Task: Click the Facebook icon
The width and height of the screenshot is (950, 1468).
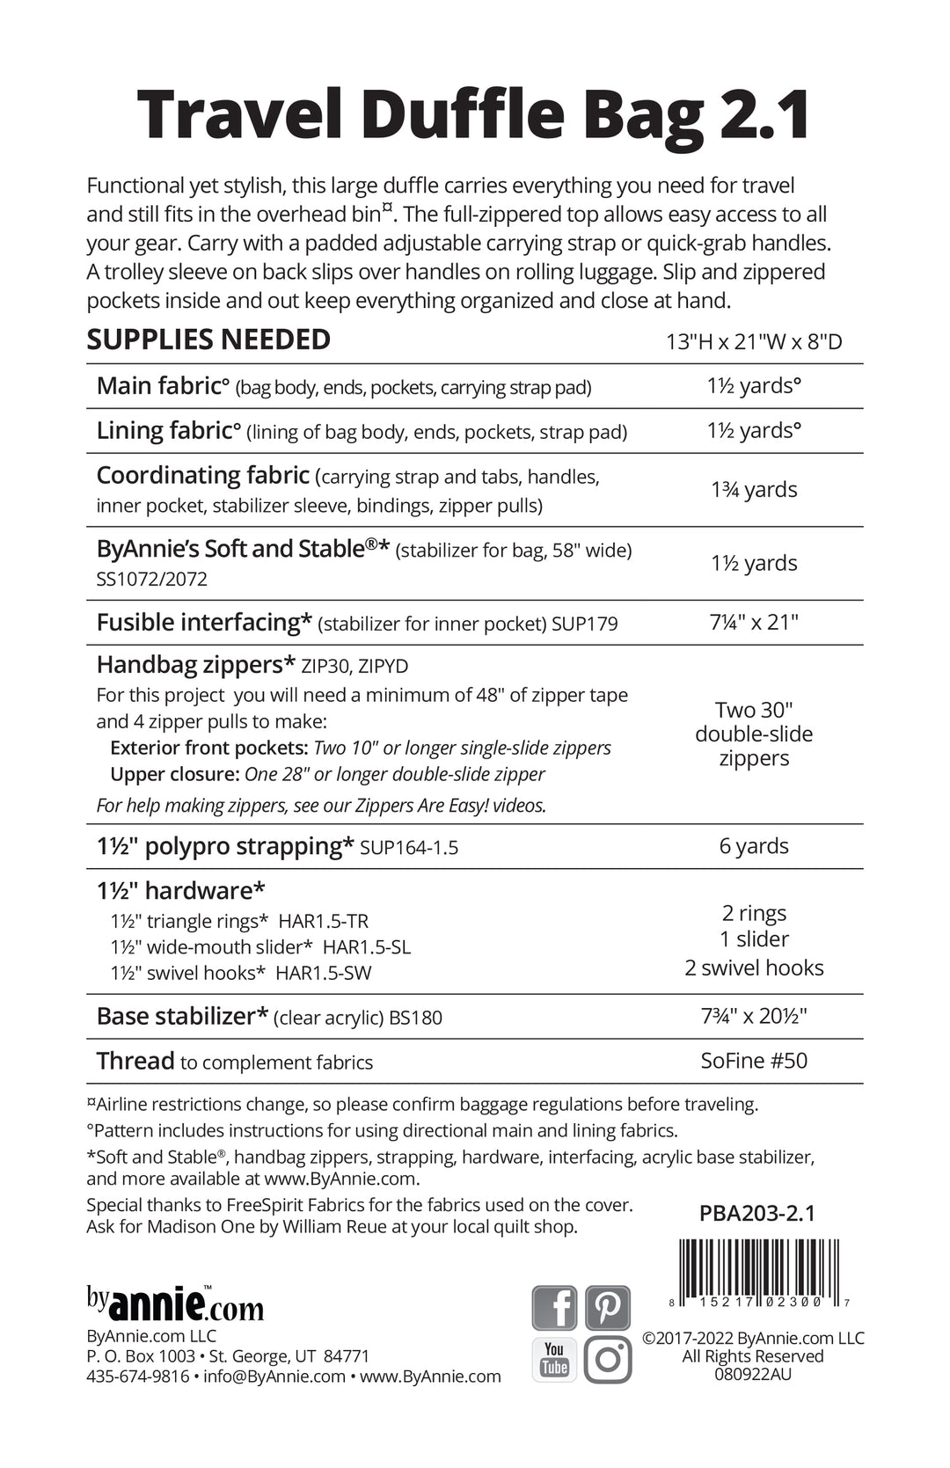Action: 554,1308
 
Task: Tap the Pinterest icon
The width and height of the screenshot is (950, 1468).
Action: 608,1308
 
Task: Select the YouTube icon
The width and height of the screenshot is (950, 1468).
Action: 554,1359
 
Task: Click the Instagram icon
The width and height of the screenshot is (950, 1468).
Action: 608,1359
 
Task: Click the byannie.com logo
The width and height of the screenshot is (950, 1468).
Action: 175,1304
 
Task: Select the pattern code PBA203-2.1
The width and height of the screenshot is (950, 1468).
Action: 757,1214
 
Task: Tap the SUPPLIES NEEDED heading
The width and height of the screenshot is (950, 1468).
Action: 208,340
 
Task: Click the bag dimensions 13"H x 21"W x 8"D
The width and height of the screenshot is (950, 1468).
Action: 754,341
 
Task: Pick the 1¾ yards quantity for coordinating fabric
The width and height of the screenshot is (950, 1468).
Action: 754,490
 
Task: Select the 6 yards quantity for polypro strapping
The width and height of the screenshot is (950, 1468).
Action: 754,846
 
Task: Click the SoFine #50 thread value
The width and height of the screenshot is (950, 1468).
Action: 754,1061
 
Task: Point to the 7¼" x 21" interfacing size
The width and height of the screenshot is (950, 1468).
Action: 754,623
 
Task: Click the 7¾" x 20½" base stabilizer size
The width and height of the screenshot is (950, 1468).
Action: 754,1017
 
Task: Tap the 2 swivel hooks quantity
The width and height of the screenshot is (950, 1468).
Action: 754,968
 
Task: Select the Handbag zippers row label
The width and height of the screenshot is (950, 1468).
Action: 196,665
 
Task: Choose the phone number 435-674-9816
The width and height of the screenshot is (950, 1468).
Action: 138,1377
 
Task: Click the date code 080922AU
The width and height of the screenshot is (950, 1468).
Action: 753,1374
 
